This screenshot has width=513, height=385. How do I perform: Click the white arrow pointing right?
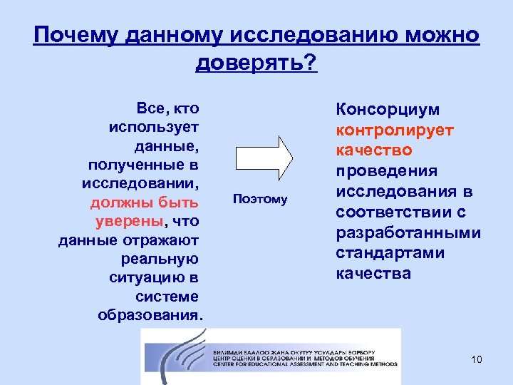264,156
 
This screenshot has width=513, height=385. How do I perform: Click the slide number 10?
477,359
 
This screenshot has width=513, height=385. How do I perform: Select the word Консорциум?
388,110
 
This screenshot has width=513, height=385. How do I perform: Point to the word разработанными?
408,233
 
